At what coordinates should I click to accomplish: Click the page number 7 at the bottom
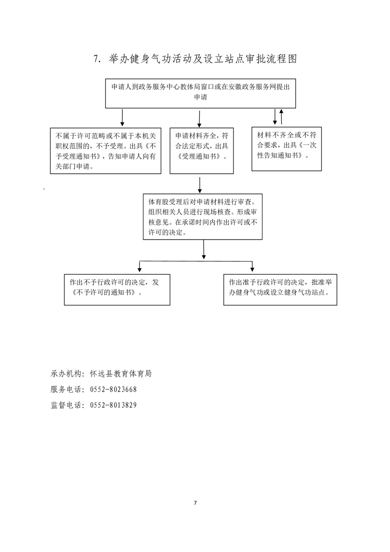195,503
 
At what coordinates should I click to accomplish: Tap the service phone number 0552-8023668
113,389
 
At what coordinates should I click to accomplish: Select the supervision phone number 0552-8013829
113,405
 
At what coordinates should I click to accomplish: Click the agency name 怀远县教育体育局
120,373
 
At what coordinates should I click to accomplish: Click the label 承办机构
66,373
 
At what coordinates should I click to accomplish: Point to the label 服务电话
66,389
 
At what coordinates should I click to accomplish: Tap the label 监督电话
66,405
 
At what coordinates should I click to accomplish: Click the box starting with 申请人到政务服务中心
201,93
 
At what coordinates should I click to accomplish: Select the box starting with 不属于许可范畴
106,151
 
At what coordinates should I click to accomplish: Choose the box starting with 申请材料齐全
202,151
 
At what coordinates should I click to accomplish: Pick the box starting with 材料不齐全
287,149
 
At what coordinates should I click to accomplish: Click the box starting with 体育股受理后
203,216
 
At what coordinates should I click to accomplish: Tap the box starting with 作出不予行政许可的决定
117,290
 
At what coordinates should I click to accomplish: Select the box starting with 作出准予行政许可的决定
280,290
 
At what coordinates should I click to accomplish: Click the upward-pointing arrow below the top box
281,117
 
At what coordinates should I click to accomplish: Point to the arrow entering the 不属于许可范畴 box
122,118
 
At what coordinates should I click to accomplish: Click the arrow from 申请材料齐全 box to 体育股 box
200,185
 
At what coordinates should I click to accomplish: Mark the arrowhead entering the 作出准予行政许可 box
252,269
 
